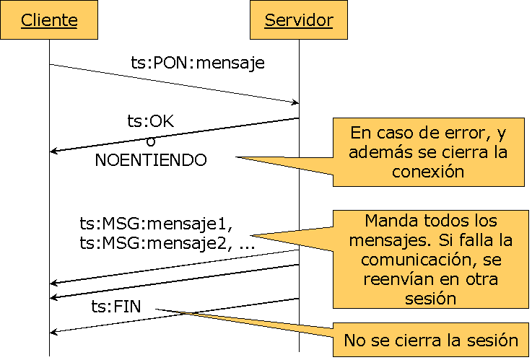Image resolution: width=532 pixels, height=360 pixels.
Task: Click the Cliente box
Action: tap(49, 20)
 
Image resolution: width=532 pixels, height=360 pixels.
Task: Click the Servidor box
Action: tap(299, 20)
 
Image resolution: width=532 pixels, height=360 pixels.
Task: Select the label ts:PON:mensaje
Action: tap(197, 63)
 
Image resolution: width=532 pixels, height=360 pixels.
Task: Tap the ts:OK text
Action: tap(151, 122)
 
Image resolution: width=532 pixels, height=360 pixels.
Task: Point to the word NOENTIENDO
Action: tap(150, 160)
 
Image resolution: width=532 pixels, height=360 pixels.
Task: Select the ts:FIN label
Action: tap(115, 307)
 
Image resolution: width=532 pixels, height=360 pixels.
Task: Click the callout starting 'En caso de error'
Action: tap(429, 152)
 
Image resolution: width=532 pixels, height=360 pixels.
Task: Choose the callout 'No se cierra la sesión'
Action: tap(432, 340)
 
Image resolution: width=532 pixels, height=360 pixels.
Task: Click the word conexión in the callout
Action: tap(428, 172)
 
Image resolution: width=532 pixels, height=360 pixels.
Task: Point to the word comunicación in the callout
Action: tap(422, 260)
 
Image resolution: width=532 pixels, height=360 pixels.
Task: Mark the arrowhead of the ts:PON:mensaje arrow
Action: tap(295, 102)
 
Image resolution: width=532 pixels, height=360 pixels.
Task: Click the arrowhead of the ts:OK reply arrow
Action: tap(54, 152)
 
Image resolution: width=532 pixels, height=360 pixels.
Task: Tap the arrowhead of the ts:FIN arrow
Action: tap(54, 332)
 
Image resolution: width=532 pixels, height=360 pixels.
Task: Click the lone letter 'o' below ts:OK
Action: tap(150, 141)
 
